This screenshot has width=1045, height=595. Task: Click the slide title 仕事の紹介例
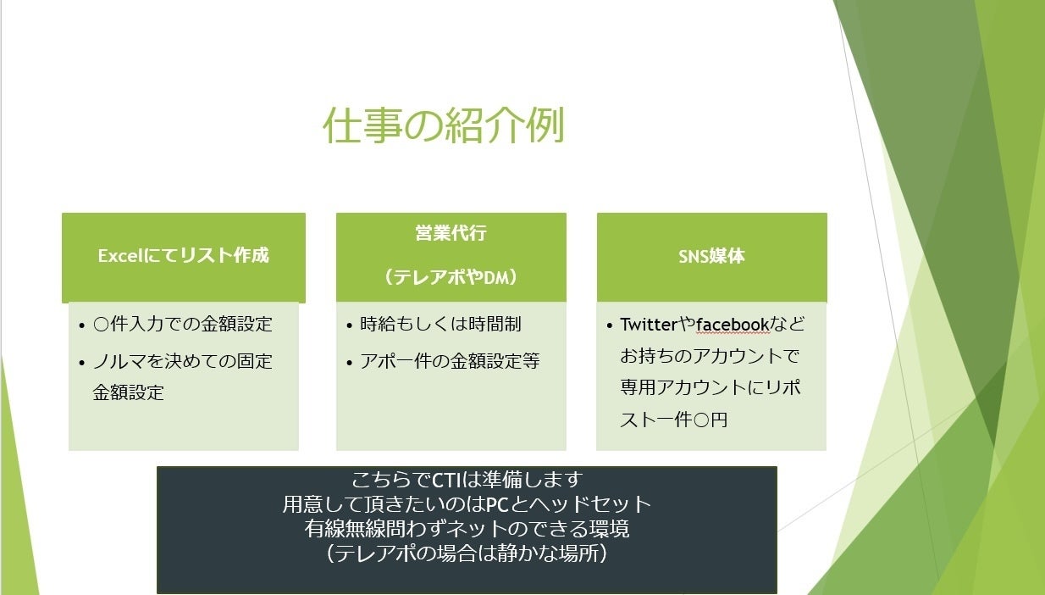point(444,125)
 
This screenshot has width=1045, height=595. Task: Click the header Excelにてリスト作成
point(184,255)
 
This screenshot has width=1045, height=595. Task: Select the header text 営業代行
point(451,232)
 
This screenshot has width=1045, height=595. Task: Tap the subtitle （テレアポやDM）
point(451,277)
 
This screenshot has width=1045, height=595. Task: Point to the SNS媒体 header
point(711,256)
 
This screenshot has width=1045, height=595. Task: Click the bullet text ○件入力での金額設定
point(182,324)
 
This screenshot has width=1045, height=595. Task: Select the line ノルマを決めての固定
point(182,361)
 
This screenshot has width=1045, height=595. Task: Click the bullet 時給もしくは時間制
point(440,324)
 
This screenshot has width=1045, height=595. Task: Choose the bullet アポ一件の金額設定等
point(450,361)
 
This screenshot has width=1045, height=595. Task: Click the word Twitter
point(649,324)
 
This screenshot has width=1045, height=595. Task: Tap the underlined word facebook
point(733,324)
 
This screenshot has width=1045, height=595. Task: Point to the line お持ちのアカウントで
point(710,356)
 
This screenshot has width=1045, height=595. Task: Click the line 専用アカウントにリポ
point(710,387)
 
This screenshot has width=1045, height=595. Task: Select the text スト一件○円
point(673,420)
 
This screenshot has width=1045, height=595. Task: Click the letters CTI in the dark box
point(446,480)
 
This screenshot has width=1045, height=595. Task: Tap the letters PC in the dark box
point(497,504)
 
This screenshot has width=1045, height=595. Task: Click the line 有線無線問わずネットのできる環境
point(467,529)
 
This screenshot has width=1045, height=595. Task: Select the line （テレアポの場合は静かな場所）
point(467,553)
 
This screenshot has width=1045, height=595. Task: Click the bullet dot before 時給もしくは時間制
point(349,325)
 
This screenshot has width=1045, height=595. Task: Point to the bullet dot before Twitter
point(609,325)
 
